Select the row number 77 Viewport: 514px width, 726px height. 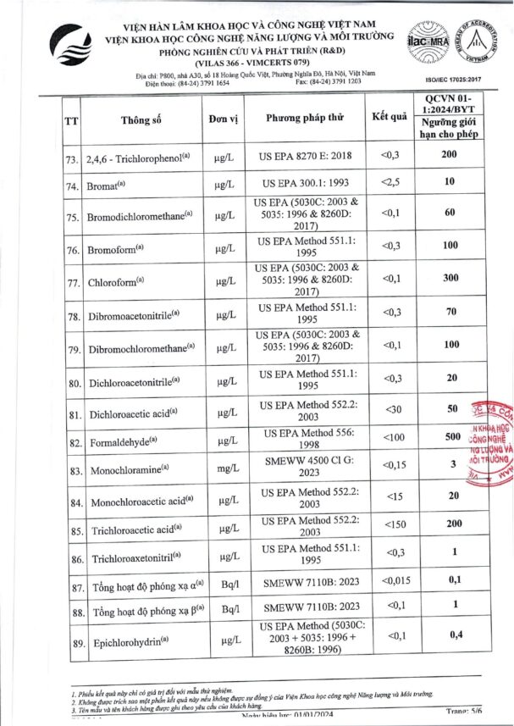[73, 283]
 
